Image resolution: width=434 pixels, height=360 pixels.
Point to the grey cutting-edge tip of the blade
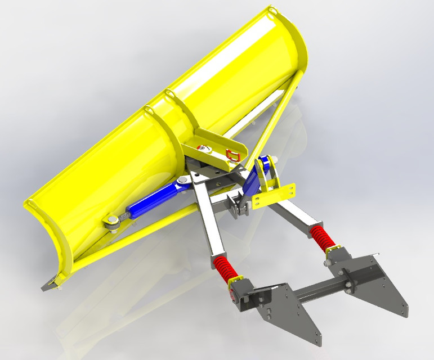pos(50,282)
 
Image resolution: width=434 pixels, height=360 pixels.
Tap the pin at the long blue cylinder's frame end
pos(182,181)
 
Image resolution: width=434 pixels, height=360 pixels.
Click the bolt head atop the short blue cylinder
pos(264,161)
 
